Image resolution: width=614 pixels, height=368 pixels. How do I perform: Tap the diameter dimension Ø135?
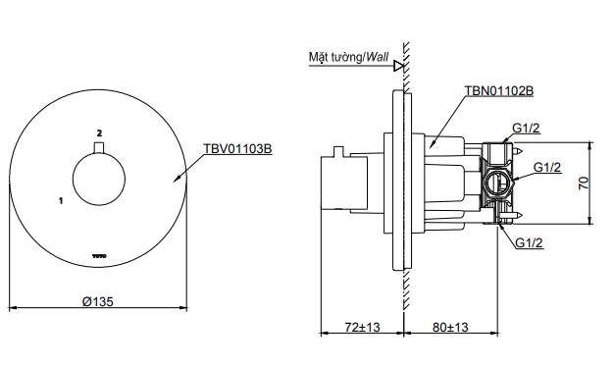[97, 302]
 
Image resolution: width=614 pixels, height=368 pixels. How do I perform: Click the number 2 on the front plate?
[99, 131]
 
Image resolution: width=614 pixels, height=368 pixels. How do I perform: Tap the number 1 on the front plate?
[62, 200]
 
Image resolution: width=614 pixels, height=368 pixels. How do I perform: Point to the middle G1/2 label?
[546, 168]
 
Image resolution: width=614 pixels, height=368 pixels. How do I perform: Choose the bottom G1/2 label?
[529, 242]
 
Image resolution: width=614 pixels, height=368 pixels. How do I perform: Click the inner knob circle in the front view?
[98, 180]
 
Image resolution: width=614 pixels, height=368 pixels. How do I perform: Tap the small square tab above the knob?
[98, 148]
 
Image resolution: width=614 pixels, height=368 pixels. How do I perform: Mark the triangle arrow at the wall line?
[397, 66]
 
